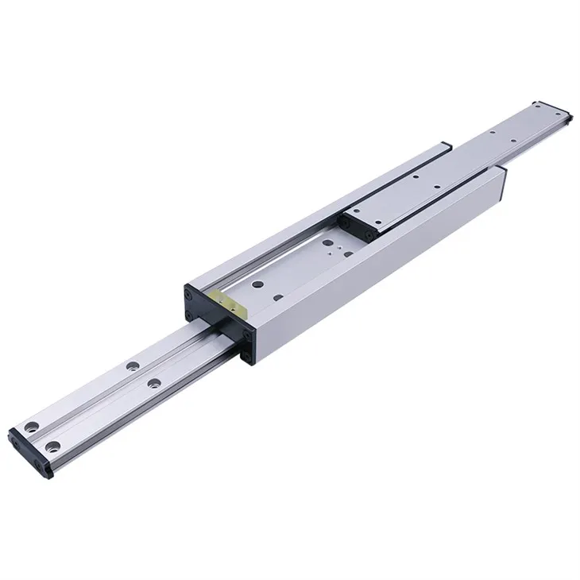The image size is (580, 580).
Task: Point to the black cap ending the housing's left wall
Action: (445, 146)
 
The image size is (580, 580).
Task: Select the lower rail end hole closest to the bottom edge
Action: (54, 446)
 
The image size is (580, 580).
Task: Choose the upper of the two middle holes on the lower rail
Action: (128, 367)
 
